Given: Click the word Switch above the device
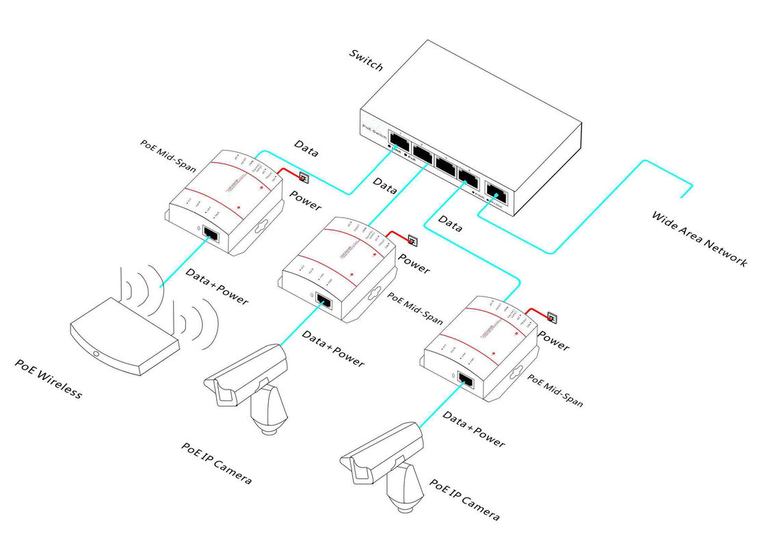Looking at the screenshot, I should pyautogui.click(x=366, y=60).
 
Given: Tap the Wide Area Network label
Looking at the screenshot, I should pyautogui.click(x=700, y=239).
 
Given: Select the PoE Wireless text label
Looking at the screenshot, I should pyautogui.click(x=49, y=379).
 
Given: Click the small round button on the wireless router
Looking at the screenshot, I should pyautogui.click(x=96, y=355).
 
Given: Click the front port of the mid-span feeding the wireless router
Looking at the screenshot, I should pyautogui.click(x=211, y=235).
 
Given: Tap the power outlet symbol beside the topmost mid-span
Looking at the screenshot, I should pyautogui.click(x=304, y=180).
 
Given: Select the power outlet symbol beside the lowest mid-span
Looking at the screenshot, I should pyautogui.click(x=552, y=318).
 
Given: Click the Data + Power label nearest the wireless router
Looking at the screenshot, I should pyautogui.click(x=217, y=286).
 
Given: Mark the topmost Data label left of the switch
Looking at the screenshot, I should pyautogui.click(x=306, y=147).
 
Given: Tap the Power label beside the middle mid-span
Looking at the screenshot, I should pyautogui.click(x=414, y=264).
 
